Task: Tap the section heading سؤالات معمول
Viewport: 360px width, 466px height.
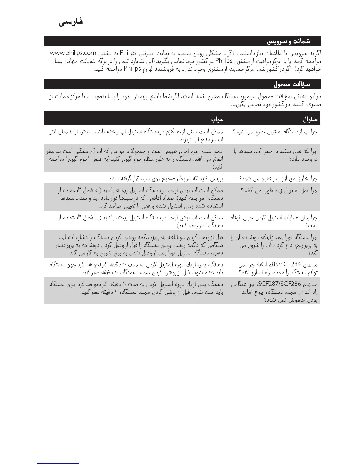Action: tap(292, 84)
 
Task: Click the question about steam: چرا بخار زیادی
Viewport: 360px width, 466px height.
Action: tap(278, 178)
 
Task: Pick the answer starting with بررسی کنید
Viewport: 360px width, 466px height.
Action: tap(165, 178)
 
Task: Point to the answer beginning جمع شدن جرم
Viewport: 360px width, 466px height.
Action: tap(135, 159)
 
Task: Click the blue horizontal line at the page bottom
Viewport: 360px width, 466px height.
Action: tap(58, 463)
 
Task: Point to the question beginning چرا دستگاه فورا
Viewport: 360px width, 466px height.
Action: tap(274, 245)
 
